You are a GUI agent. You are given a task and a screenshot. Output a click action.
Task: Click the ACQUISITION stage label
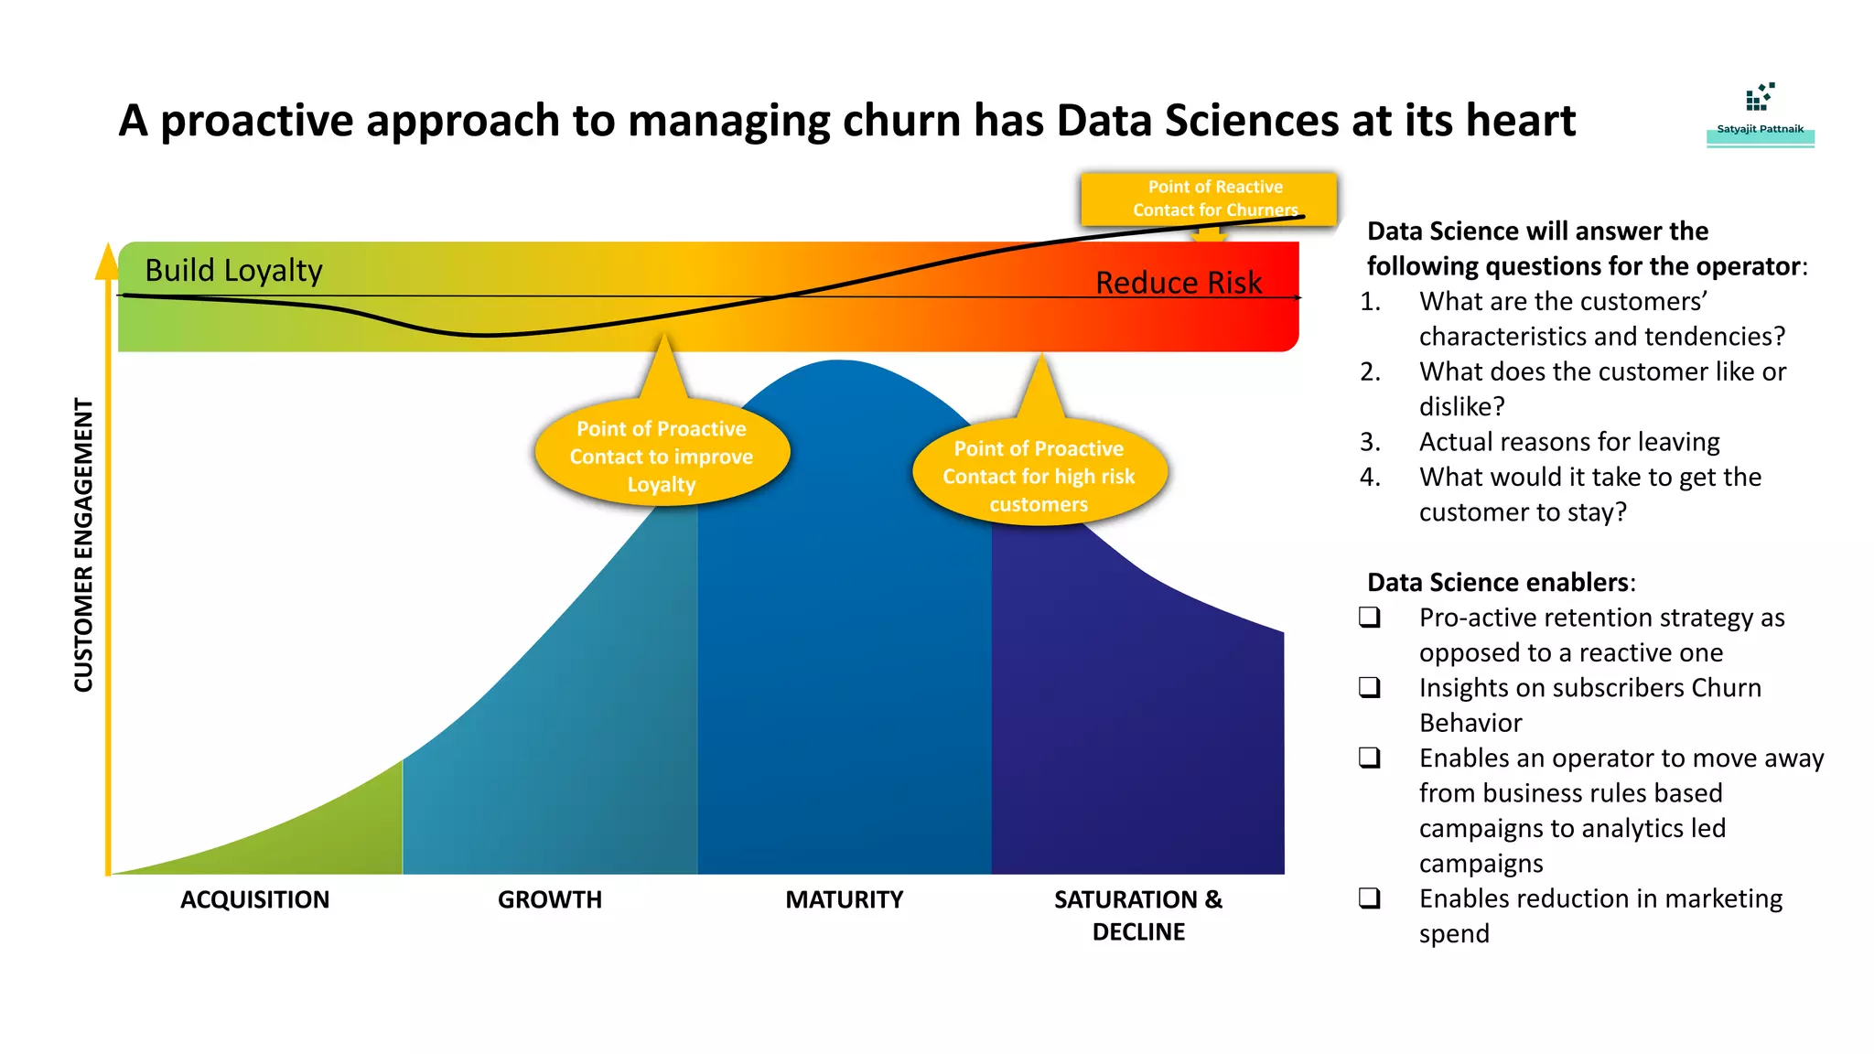pos(254,900)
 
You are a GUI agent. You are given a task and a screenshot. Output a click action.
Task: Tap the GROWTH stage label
pos(550,900)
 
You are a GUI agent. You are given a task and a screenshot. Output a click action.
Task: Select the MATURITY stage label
pos(844,900)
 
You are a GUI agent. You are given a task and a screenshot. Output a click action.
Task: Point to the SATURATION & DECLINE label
pos(1138,916)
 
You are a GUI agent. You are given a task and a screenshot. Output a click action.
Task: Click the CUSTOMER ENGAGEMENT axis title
pos(84,545)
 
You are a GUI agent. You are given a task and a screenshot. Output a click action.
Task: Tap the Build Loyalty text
pos(233,271)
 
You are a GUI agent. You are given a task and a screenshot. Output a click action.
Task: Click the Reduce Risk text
pos(1179,283)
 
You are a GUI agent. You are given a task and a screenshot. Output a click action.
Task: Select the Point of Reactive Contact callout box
pos(1208,198)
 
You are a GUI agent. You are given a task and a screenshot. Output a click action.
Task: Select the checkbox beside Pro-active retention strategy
pos(1370,618)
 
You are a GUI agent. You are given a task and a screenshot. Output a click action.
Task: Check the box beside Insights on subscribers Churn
pos(1370,687)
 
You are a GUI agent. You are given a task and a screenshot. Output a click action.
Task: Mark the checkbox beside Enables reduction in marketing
pos(1370,898)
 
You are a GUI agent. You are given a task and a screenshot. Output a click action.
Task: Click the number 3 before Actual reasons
pos(1370,442)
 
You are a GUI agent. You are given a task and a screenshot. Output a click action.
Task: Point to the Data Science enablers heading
pos(1501,583)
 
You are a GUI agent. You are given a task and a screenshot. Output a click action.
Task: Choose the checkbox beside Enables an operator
pos(1370,758)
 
